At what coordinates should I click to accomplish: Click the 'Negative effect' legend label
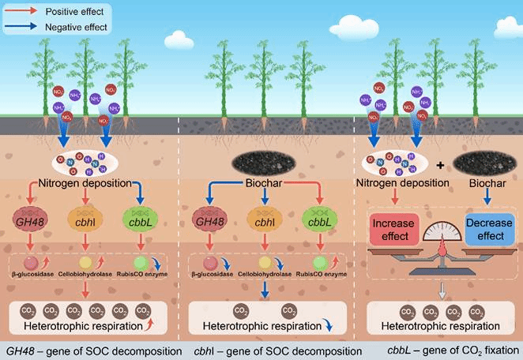click(71, 26)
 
